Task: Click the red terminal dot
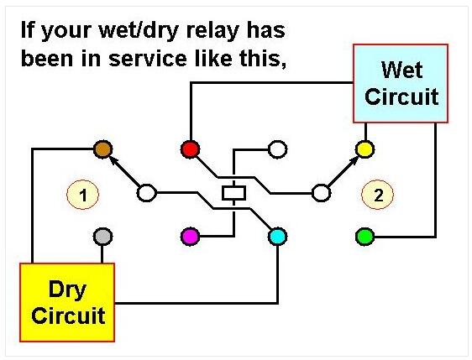click(x=191, y=149)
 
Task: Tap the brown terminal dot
click(x=103, y=149)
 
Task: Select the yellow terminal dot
click(x=365, y=149)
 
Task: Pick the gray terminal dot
click(x=103, y=237)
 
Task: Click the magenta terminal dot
click(x=191, y=237)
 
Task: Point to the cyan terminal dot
click(x=277, y=237)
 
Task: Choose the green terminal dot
click(x=365, y=237)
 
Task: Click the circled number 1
click(x=83, y=195)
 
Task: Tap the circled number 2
click(x=377, y=195)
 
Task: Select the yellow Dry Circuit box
click(x=67, y=302)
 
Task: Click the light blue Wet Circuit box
click(x=401, y=83)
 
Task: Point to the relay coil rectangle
click(x=233, y=193)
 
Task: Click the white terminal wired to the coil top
click(x=277, y=149)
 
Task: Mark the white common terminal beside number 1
click(x=147, y=193)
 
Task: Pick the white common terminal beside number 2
click(x=321, y=193)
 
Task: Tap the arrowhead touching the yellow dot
click(x=354, y=159)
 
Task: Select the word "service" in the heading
click(x=148, y=59)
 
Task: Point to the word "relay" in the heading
click(x=212, y=31)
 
